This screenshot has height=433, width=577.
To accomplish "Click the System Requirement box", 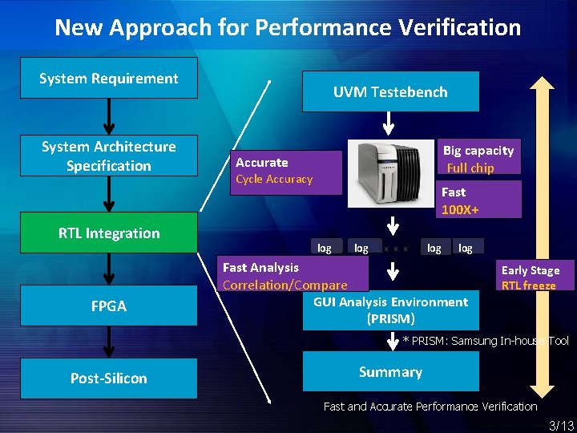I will (x=109, y=78).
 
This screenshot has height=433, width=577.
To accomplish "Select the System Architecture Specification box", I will (x=109, y=156).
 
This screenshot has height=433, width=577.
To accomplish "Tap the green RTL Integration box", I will (x=109, y=233).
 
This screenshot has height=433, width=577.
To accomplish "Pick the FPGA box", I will (x=109, y=306).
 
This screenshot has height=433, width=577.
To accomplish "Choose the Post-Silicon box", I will (x=109, y=378).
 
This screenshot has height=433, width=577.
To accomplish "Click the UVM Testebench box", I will (x=390, y=91).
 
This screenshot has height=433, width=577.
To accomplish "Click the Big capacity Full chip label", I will (x=478, y=159).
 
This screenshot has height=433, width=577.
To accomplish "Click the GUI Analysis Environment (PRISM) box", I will (x=390, y=310).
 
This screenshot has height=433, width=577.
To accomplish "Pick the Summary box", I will (x=390, y=372).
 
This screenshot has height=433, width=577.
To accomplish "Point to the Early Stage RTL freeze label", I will (x=531, y=277).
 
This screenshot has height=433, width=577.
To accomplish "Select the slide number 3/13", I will (x=560, y=425).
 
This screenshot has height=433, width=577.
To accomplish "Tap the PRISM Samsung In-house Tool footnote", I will (x=486, y=341).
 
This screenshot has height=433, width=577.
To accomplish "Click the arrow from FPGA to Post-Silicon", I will (x=110, y=342).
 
